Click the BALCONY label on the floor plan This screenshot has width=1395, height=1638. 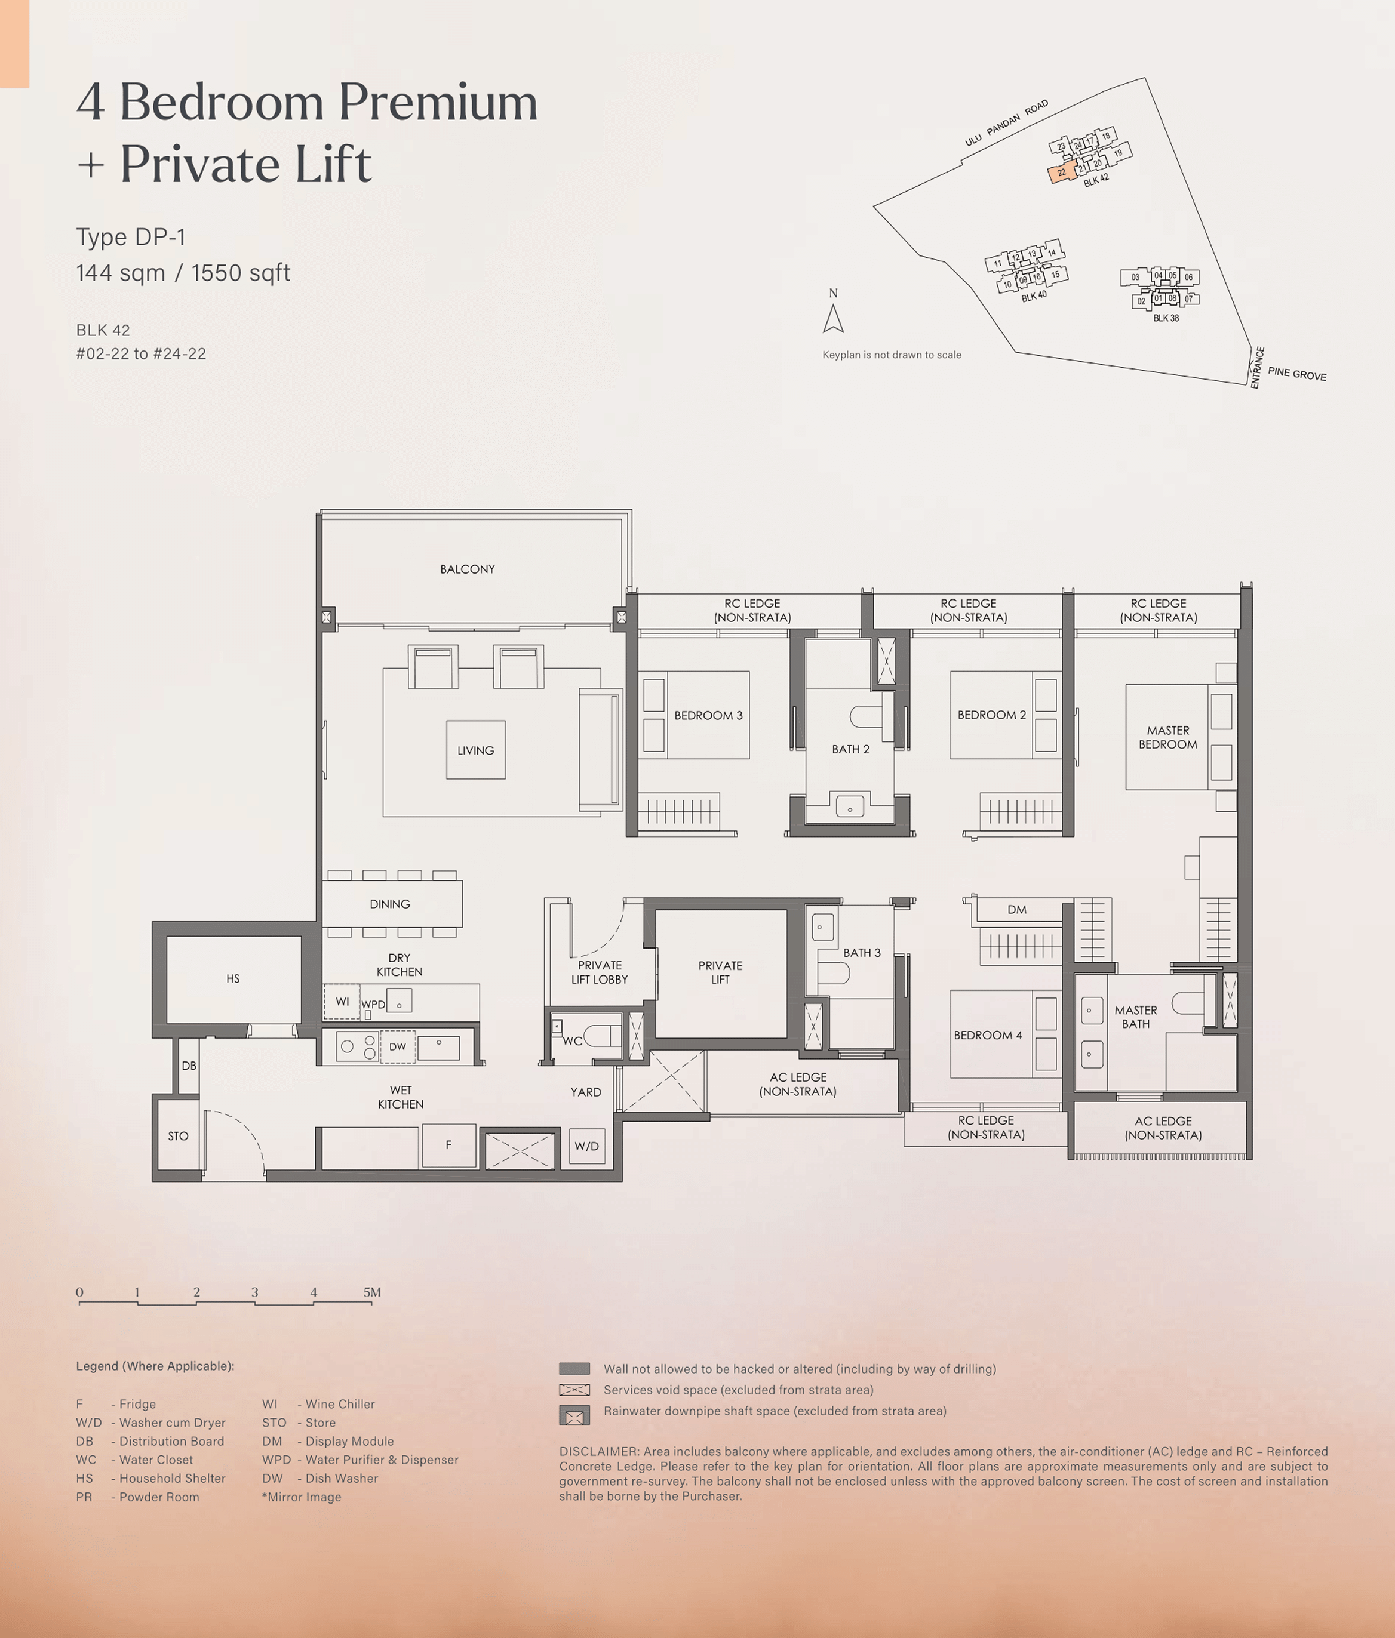click(x=468, y=569)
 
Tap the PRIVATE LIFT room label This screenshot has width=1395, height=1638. click(x=720, y=972)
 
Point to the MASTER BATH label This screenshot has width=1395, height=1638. click(x=1136, y=1017)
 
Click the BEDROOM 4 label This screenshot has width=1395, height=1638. click(x=988, y=1035)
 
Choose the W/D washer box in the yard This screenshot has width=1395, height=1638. click(x=587, y=1146)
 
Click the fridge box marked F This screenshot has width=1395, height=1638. click(x=448, y=1145)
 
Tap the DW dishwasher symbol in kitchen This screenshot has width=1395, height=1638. click(x=398, y=1046)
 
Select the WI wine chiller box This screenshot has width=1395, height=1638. click(x=342, y=1002)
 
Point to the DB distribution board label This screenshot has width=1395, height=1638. click(x=189, y=1066)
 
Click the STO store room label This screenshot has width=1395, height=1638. click(x=178, y=1136)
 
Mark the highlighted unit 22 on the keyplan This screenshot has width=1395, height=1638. click(x=1062, y=173)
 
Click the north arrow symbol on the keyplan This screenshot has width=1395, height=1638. click(x=834, y=319)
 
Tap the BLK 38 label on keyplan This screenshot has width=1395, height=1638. click(x=1166, y=318)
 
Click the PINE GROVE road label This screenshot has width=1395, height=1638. click(x=1297, y=374)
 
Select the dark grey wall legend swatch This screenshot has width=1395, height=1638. click(x=574, y=1368)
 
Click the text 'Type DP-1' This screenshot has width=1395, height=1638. click(x=131, y=237)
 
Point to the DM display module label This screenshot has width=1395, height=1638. click(x=1017, y=910)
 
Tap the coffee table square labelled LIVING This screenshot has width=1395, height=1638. click(x=476, y=749)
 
